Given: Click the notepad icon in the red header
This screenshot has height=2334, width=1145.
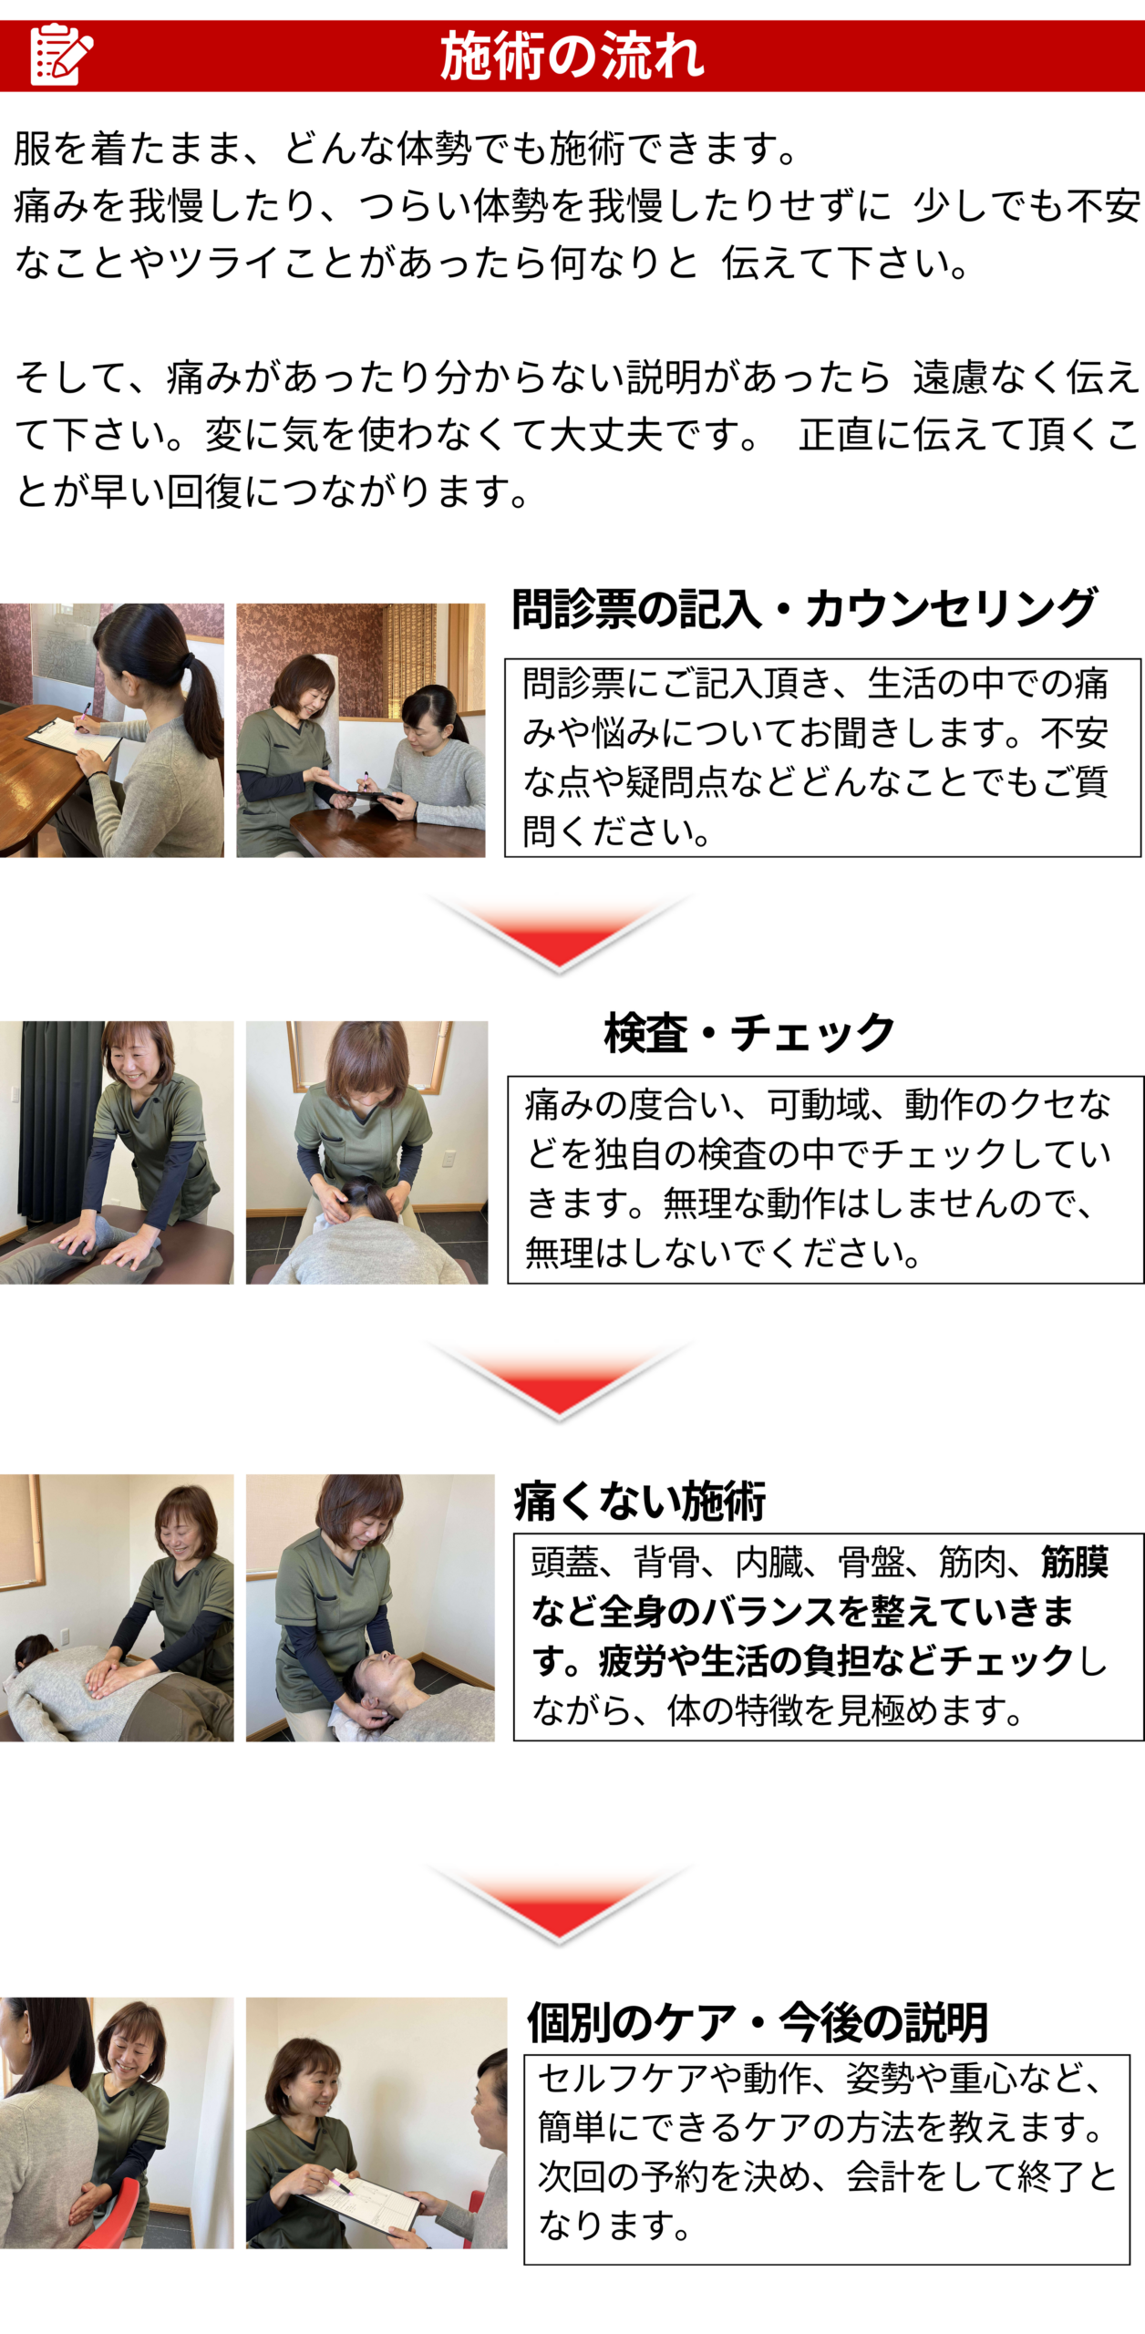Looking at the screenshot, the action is coord(61,54).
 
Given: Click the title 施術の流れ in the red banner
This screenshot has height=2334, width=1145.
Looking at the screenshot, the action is coord(572,56).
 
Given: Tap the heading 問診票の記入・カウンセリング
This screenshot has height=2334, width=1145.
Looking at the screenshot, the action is coord(804,608).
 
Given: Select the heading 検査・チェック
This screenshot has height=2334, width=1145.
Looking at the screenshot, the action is coord(749,1032).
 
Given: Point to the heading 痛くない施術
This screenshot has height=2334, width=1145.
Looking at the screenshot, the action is coord(640,1501).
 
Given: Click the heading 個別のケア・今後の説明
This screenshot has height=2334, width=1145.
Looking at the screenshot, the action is coord(758,2022).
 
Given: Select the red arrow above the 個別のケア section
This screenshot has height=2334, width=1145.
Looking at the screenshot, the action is coord(559,1904).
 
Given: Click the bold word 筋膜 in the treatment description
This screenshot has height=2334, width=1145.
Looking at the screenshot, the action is coord(1075,1562).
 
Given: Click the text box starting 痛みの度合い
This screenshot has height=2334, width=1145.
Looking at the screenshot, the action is coord(825,1180).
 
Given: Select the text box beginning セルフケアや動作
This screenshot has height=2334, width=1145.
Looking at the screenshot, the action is coord(827,2159).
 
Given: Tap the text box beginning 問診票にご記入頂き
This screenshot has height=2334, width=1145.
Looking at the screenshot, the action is coord(822,758).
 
